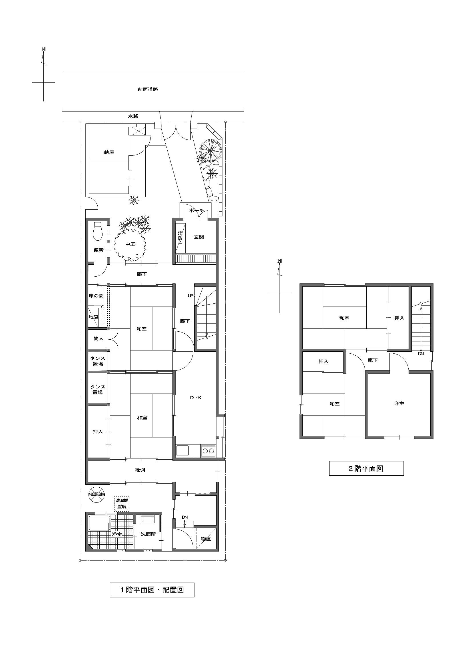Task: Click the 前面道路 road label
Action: (x=148, y=90)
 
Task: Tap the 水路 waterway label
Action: (x=133, y=116)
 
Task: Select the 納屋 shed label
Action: (x=109, y=152)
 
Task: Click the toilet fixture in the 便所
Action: (x=97, y=231)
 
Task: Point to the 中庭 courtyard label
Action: (x=130, y=244)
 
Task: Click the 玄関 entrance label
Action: (x=199, y=237)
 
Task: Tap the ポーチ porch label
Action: (x=196, y=211)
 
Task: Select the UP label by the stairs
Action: (x=190, y=296)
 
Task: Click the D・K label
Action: (x=196, y=398)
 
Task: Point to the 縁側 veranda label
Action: (x=140, y=470)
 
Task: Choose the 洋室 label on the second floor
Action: (x=399, y=404)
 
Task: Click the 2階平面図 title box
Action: (x=366, y=468)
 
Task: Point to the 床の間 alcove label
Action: (x=96, y=296)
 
